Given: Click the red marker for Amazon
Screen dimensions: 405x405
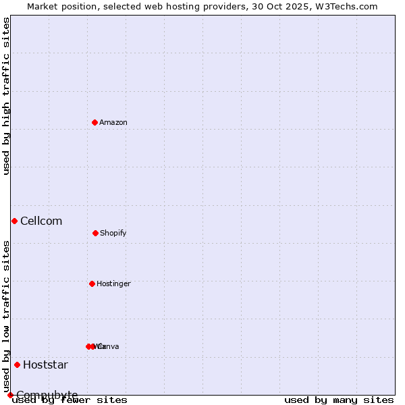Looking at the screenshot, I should pos(94,122).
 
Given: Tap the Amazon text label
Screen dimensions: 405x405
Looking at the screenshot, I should pos(113,122).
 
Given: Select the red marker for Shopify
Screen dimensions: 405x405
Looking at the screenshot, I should pos(95,233).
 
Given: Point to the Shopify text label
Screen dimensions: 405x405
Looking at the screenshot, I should pos(113,233).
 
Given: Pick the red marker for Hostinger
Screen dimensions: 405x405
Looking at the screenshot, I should pos(92,283).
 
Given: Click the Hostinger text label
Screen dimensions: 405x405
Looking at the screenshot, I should pos(113,283).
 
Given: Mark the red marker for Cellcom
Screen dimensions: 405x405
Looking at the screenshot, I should pos(14,221).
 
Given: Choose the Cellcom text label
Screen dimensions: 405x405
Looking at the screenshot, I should pos(41,221).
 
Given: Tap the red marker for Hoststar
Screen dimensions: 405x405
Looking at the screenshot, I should pos(17,364).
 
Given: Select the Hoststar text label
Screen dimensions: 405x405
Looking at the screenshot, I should pos(45,365).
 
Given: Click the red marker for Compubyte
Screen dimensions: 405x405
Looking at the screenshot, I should pos(10,395).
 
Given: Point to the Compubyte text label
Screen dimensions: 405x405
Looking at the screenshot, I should pos(47,395).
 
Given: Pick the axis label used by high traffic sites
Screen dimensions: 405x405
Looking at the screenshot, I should pos(6,96).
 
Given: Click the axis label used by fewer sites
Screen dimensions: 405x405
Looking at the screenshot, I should pos(70,400).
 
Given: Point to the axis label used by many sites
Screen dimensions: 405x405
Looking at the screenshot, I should pos(339,400).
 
